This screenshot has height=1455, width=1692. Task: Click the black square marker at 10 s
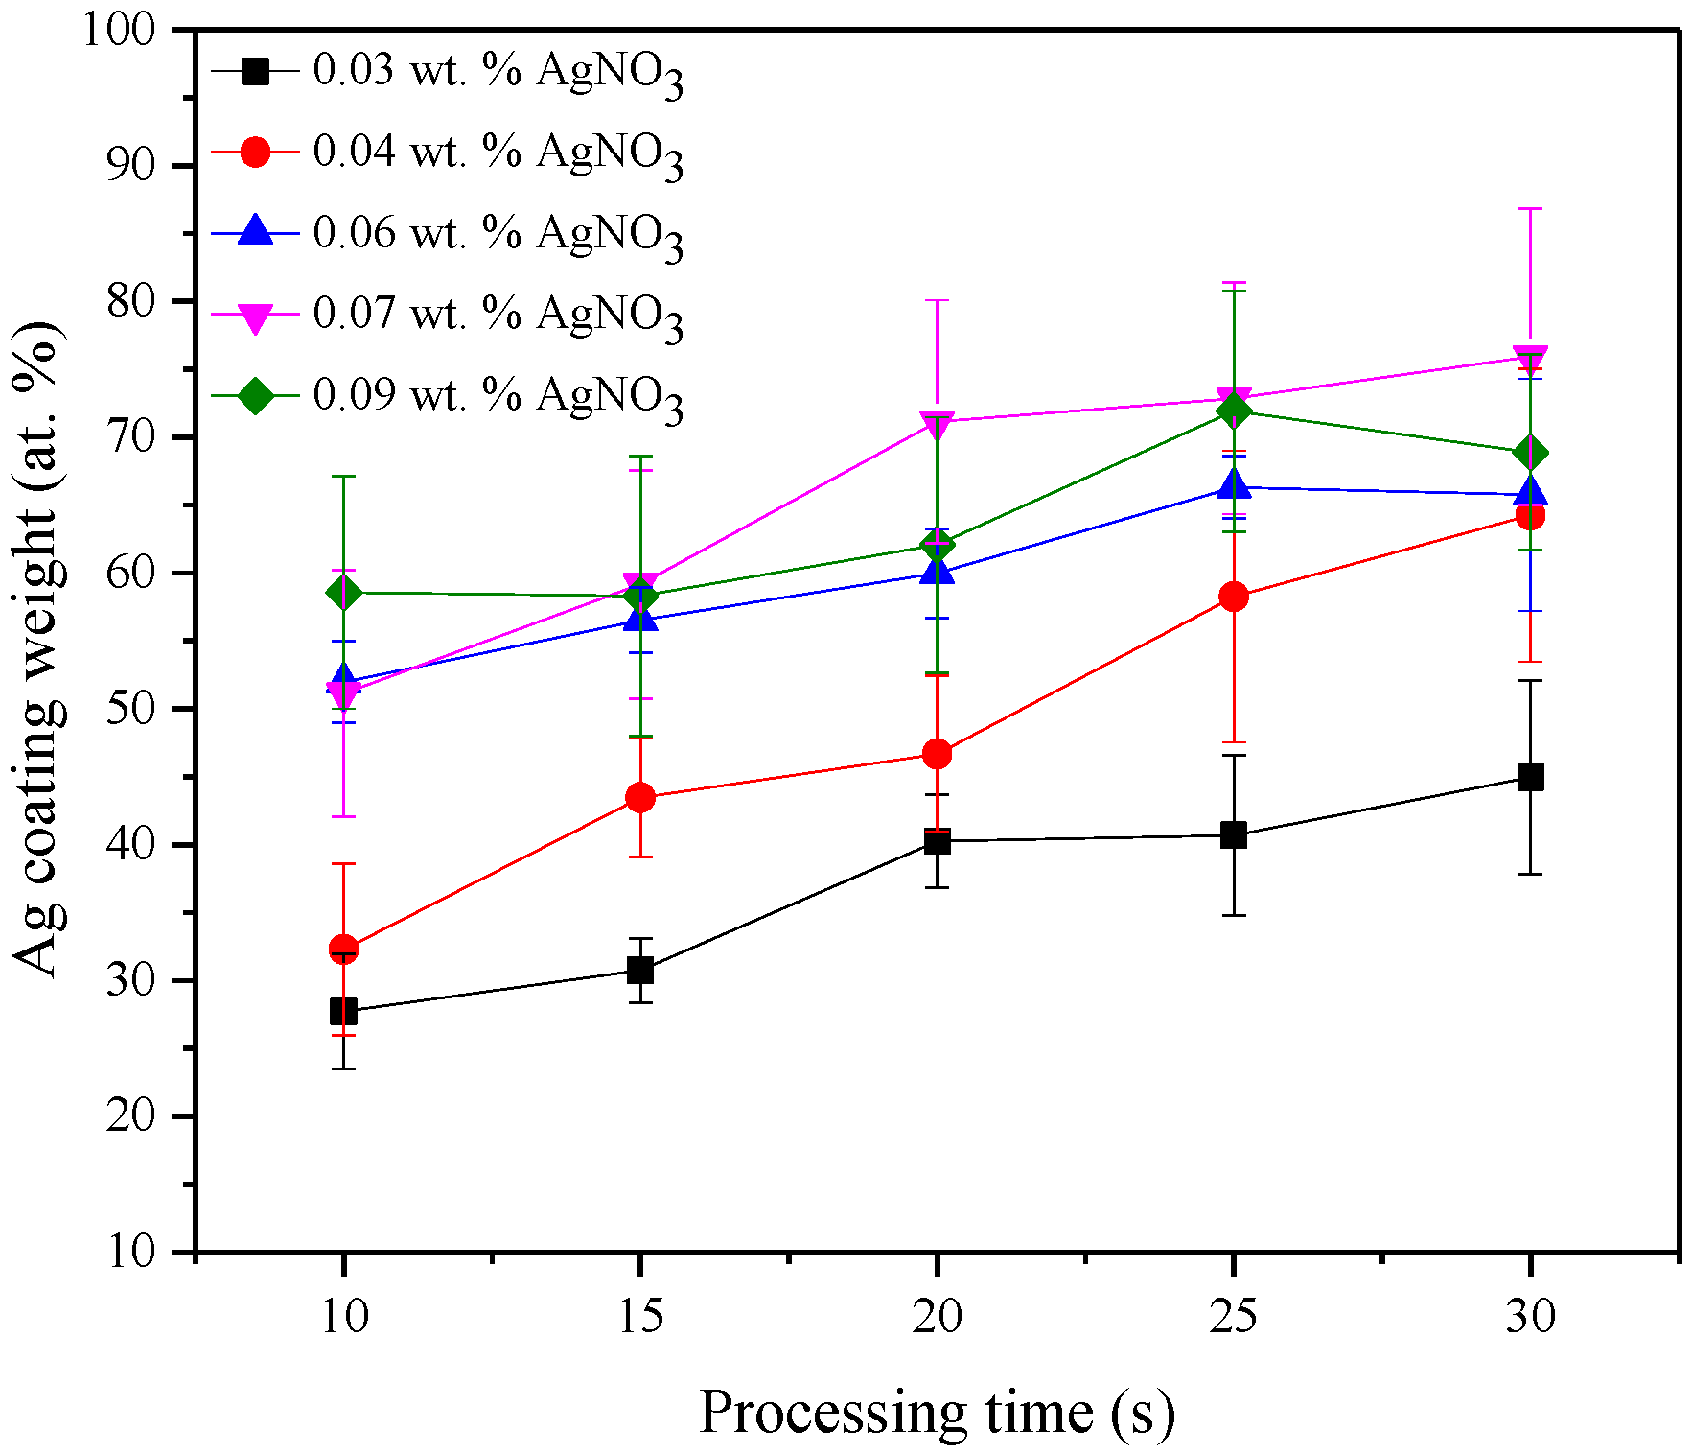343,1011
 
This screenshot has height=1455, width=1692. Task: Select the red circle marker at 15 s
640,798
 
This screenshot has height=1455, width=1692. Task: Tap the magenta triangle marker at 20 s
937,423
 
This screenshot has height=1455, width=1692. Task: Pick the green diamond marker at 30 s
1530,453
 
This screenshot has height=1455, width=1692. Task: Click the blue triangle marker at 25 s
1234,485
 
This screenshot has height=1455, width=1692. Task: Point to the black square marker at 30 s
1530,777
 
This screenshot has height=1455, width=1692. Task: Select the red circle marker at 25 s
1234,597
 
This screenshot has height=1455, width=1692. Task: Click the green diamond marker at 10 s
343,593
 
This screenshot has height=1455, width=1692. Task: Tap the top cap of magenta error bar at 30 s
1530,208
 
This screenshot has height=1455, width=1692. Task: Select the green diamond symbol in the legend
255,394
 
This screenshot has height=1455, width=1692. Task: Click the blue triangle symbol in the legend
255,231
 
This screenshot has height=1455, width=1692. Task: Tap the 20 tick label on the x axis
937,1316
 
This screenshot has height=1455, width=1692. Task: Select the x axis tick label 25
1234,1316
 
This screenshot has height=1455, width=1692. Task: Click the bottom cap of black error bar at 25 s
1234,915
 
